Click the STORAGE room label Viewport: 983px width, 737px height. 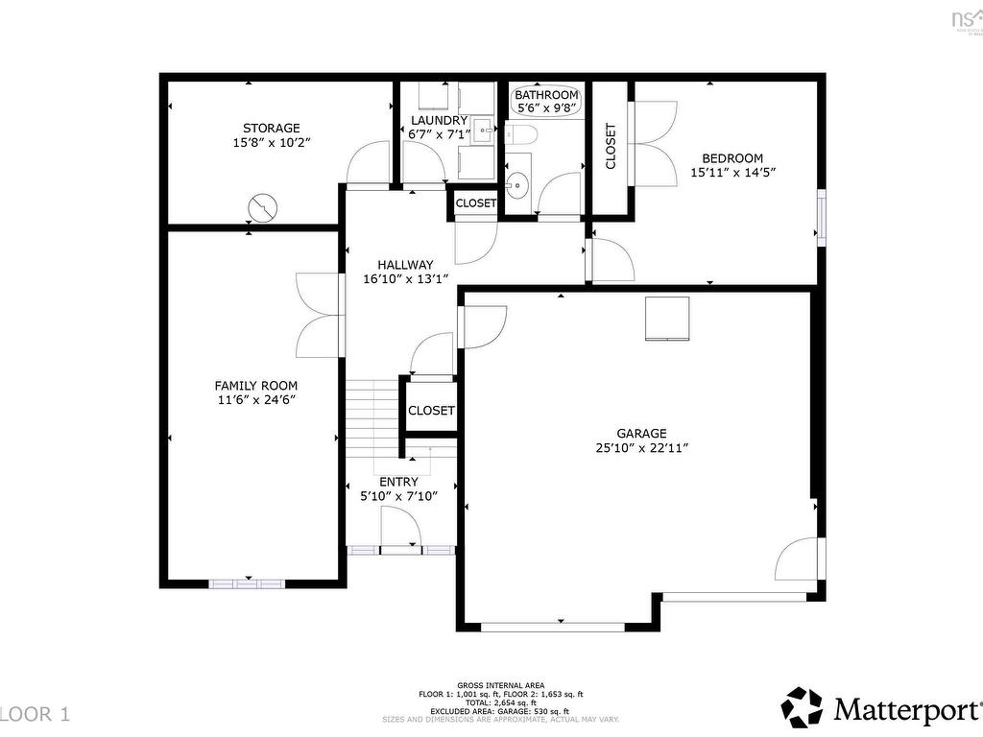272,128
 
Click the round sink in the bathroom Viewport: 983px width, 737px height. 517,181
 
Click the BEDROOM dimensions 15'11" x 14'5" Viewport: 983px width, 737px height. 732,174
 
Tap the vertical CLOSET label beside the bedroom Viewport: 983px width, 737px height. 611,147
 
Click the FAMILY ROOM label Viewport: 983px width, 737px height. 254,386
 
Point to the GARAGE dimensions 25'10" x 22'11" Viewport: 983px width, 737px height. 642,447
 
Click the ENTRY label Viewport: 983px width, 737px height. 398,482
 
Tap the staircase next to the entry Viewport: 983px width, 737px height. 372,413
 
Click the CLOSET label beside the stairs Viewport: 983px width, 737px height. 431,410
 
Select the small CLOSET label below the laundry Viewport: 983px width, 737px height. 476,203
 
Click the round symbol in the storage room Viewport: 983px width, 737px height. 262,206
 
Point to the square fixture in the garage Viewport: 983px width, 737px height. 667,319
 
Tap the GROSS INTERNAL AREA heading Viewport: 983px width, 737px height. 501,685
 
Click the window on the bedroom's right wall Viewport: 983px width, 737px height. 821,217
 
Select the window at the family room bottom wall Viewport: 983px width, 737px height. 247,582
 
